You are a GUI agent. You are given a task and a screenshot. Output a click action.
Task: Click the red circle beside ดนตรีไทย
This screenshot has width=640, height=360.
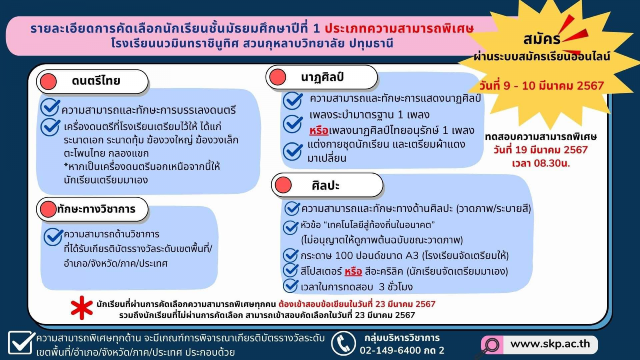point(48,82)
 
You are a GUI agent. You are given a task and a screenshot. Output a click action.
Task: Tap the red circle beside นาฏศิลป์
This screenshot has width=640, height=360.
point(278,77)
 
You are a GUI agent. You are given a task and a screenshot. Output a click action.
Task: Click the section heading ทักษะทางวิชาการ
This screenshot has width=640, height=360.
point(96,209)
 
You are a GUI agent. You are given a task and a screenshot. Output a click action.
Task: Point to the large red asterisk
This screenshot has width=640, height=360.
point(82,308)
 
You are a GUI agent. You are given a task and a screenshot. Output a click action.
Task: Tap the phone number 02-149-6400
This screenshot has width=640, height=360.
point(390,350)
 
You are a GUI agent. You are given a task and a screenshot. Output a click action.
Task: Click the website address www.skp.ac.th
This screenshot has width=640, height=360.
point(550,344)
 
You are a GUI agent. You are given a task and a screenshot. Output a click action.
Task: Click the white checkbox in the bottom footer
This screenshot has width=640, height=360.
point(20,342)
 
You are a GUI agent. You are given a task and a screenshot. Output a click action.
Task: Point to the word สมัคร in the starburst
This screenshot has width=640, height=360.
point(542,40)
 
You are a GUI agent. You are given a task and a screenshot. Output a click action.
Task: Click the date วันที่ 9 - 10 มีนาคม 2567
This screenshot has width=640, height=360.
point(542,86)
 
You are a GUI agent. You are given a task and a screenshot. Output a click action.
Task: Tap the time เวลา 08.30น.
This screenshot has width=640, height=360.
point(541,164)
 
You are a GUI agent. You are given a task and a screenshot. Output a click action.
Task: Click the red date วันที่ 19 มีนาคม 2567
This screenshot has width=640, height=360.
point(540,150)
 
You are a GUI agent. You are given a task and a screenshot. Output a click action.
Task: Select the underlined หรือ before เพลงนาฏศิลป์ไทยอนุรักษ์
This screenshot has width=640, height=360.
point(319,130)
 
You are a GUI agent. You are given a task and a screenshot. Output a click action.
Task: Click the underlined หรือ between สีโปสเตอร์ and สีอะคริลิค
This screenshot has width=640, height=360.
point(353,271)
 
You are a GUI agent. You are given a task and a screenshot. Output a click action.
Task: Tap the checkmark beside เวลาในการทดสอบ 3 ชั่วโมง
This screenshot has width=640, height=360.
point(290,286)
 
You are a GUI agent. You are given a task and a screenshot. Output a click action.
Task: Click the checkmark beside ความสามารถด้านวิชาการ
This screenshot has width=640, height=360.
point(53,237)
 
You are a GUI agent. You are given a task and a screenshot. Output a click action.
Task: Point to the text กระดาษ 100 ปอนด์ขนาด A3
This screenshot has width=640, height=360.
point(360,256)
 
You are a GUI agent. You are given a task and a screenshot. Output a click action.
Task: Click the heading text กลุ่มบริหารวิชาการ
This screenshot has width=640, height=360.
point(402,338)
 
